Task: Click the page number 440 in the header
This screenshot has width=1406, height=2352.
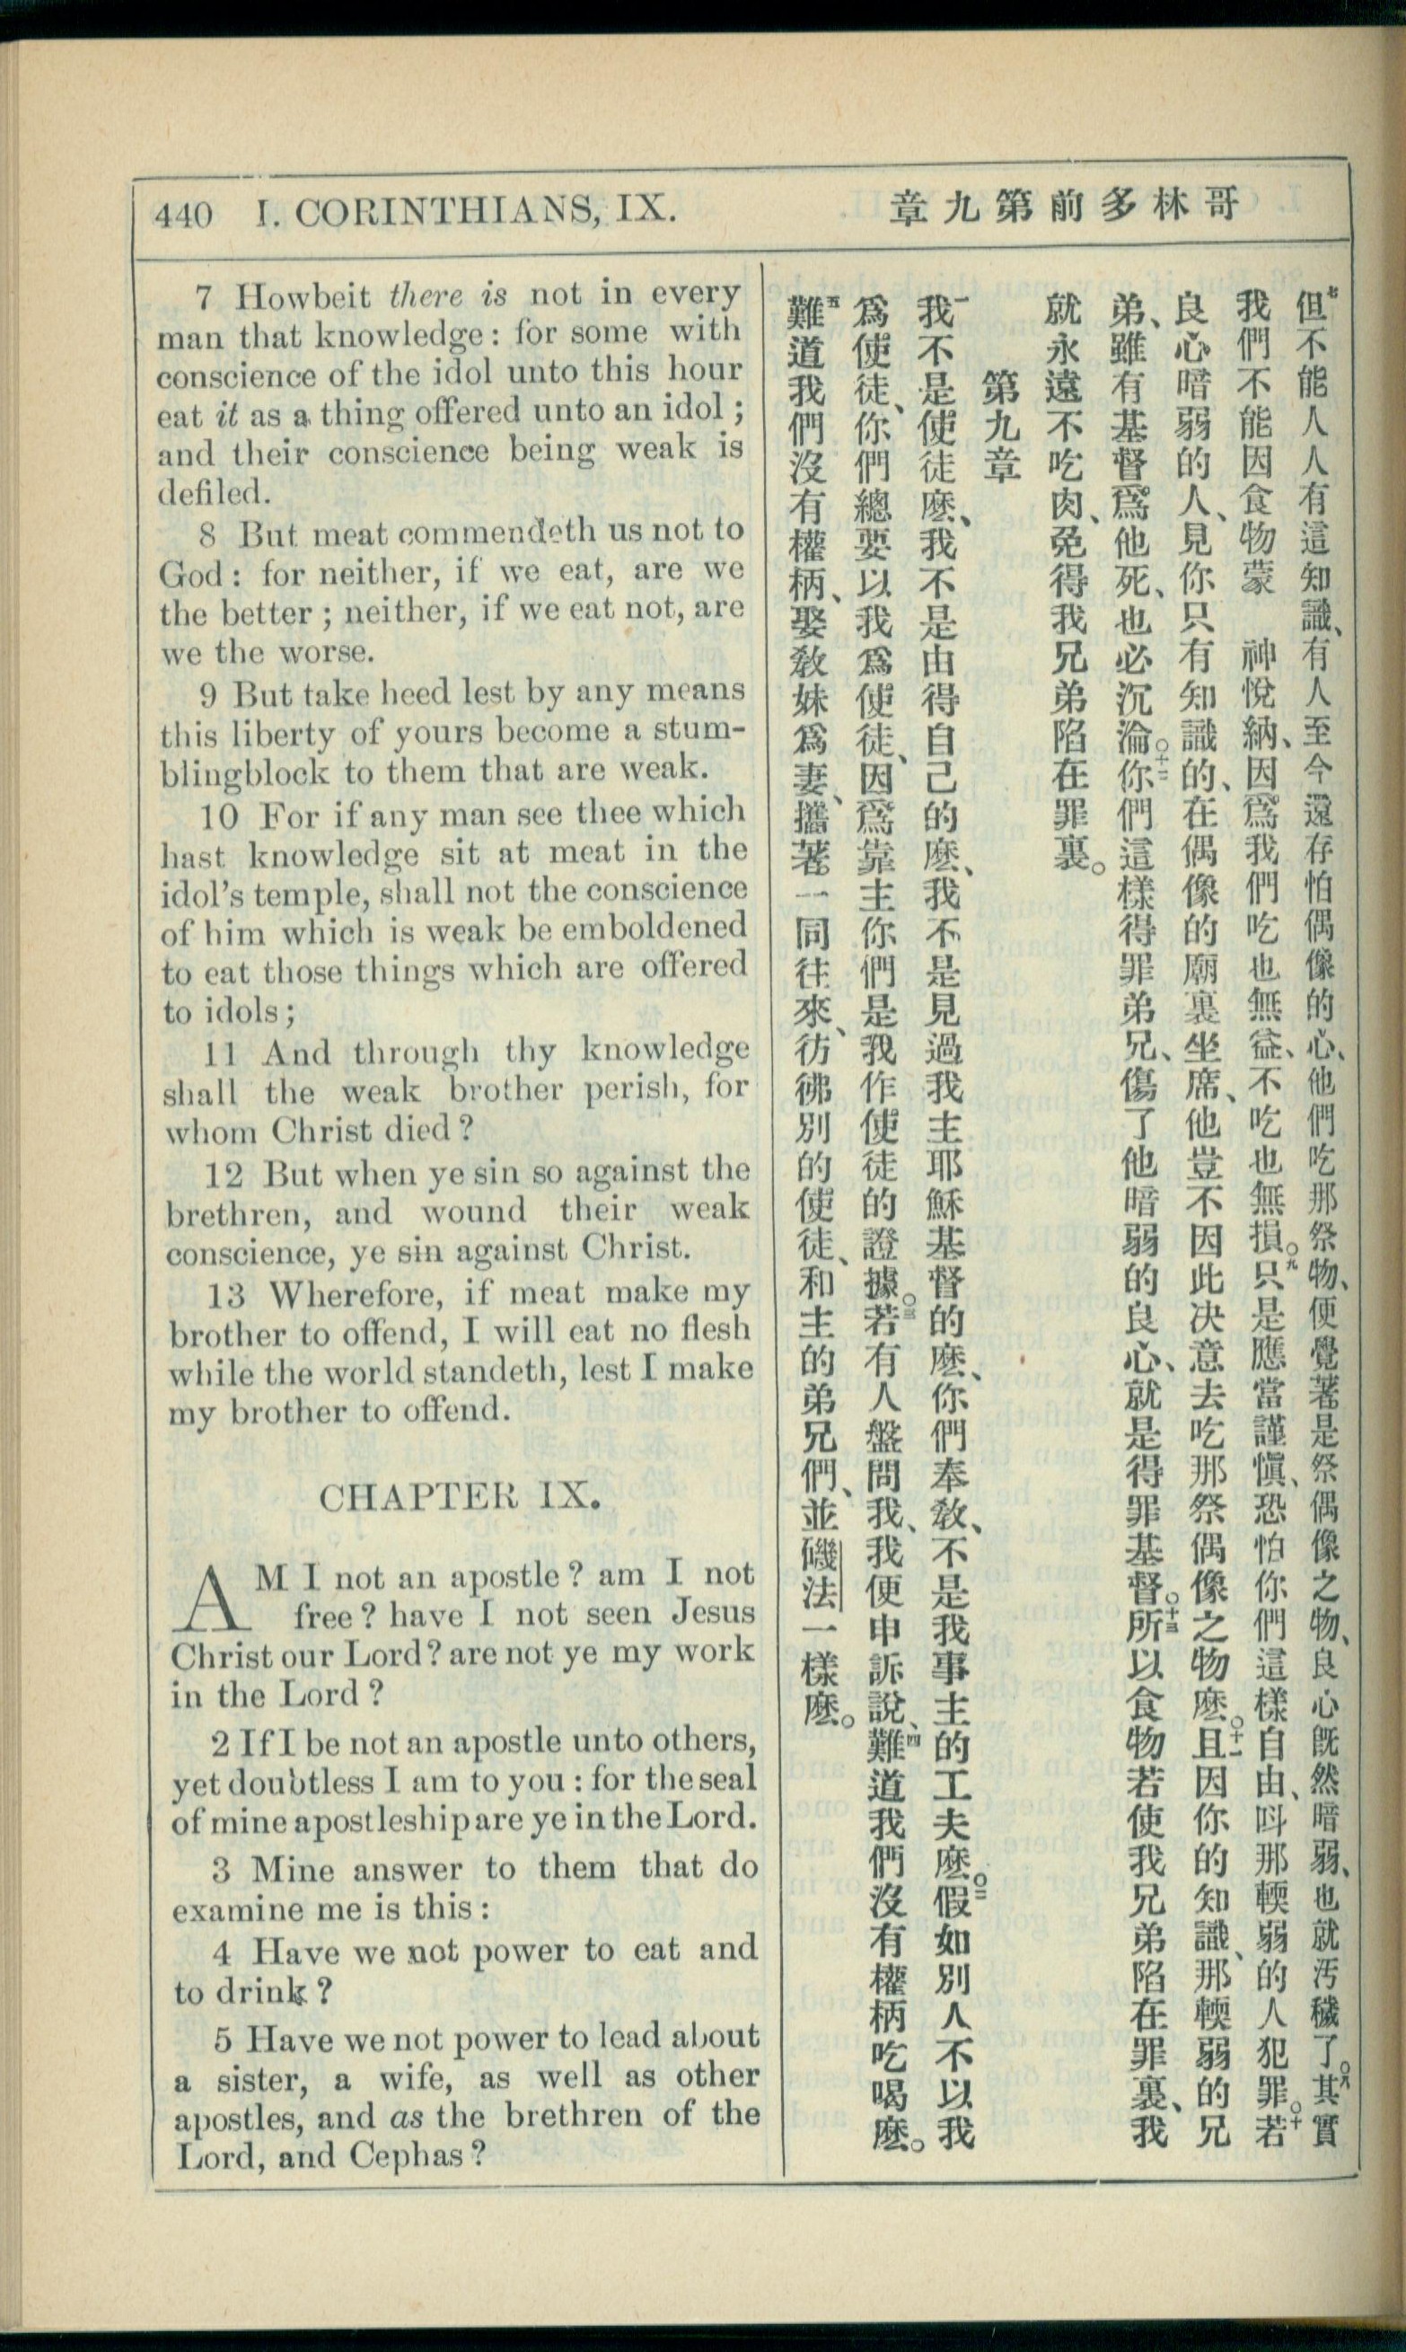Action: tap(185, 216)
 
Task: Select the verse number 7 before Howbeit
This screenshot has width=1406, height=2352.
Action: tap(204, 297)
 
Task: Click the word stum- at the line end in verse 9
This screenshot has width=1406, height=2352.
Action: tap(697, 730)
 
